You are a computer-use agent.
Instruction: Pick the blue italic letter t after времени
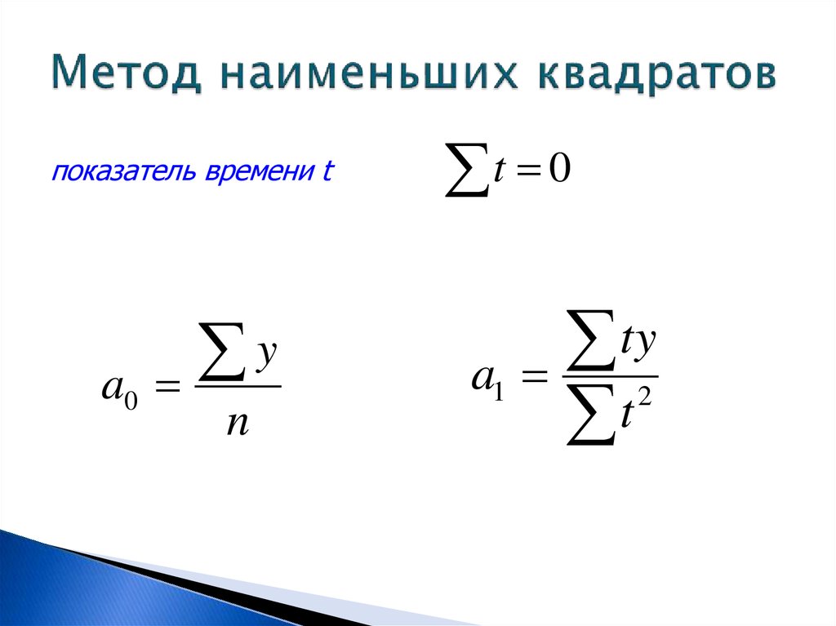click(x=328, y=173)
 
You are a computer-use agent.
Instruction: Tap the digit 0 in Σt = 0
click(x=558, y=171)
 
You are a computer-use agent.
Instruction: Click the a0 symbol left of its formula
click(x=120, y=387)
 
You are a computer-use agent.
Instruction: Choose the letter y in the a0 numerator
click(x=267, y=357)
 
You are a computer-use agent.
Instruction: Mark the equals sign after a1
click(x=530, y=379)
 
